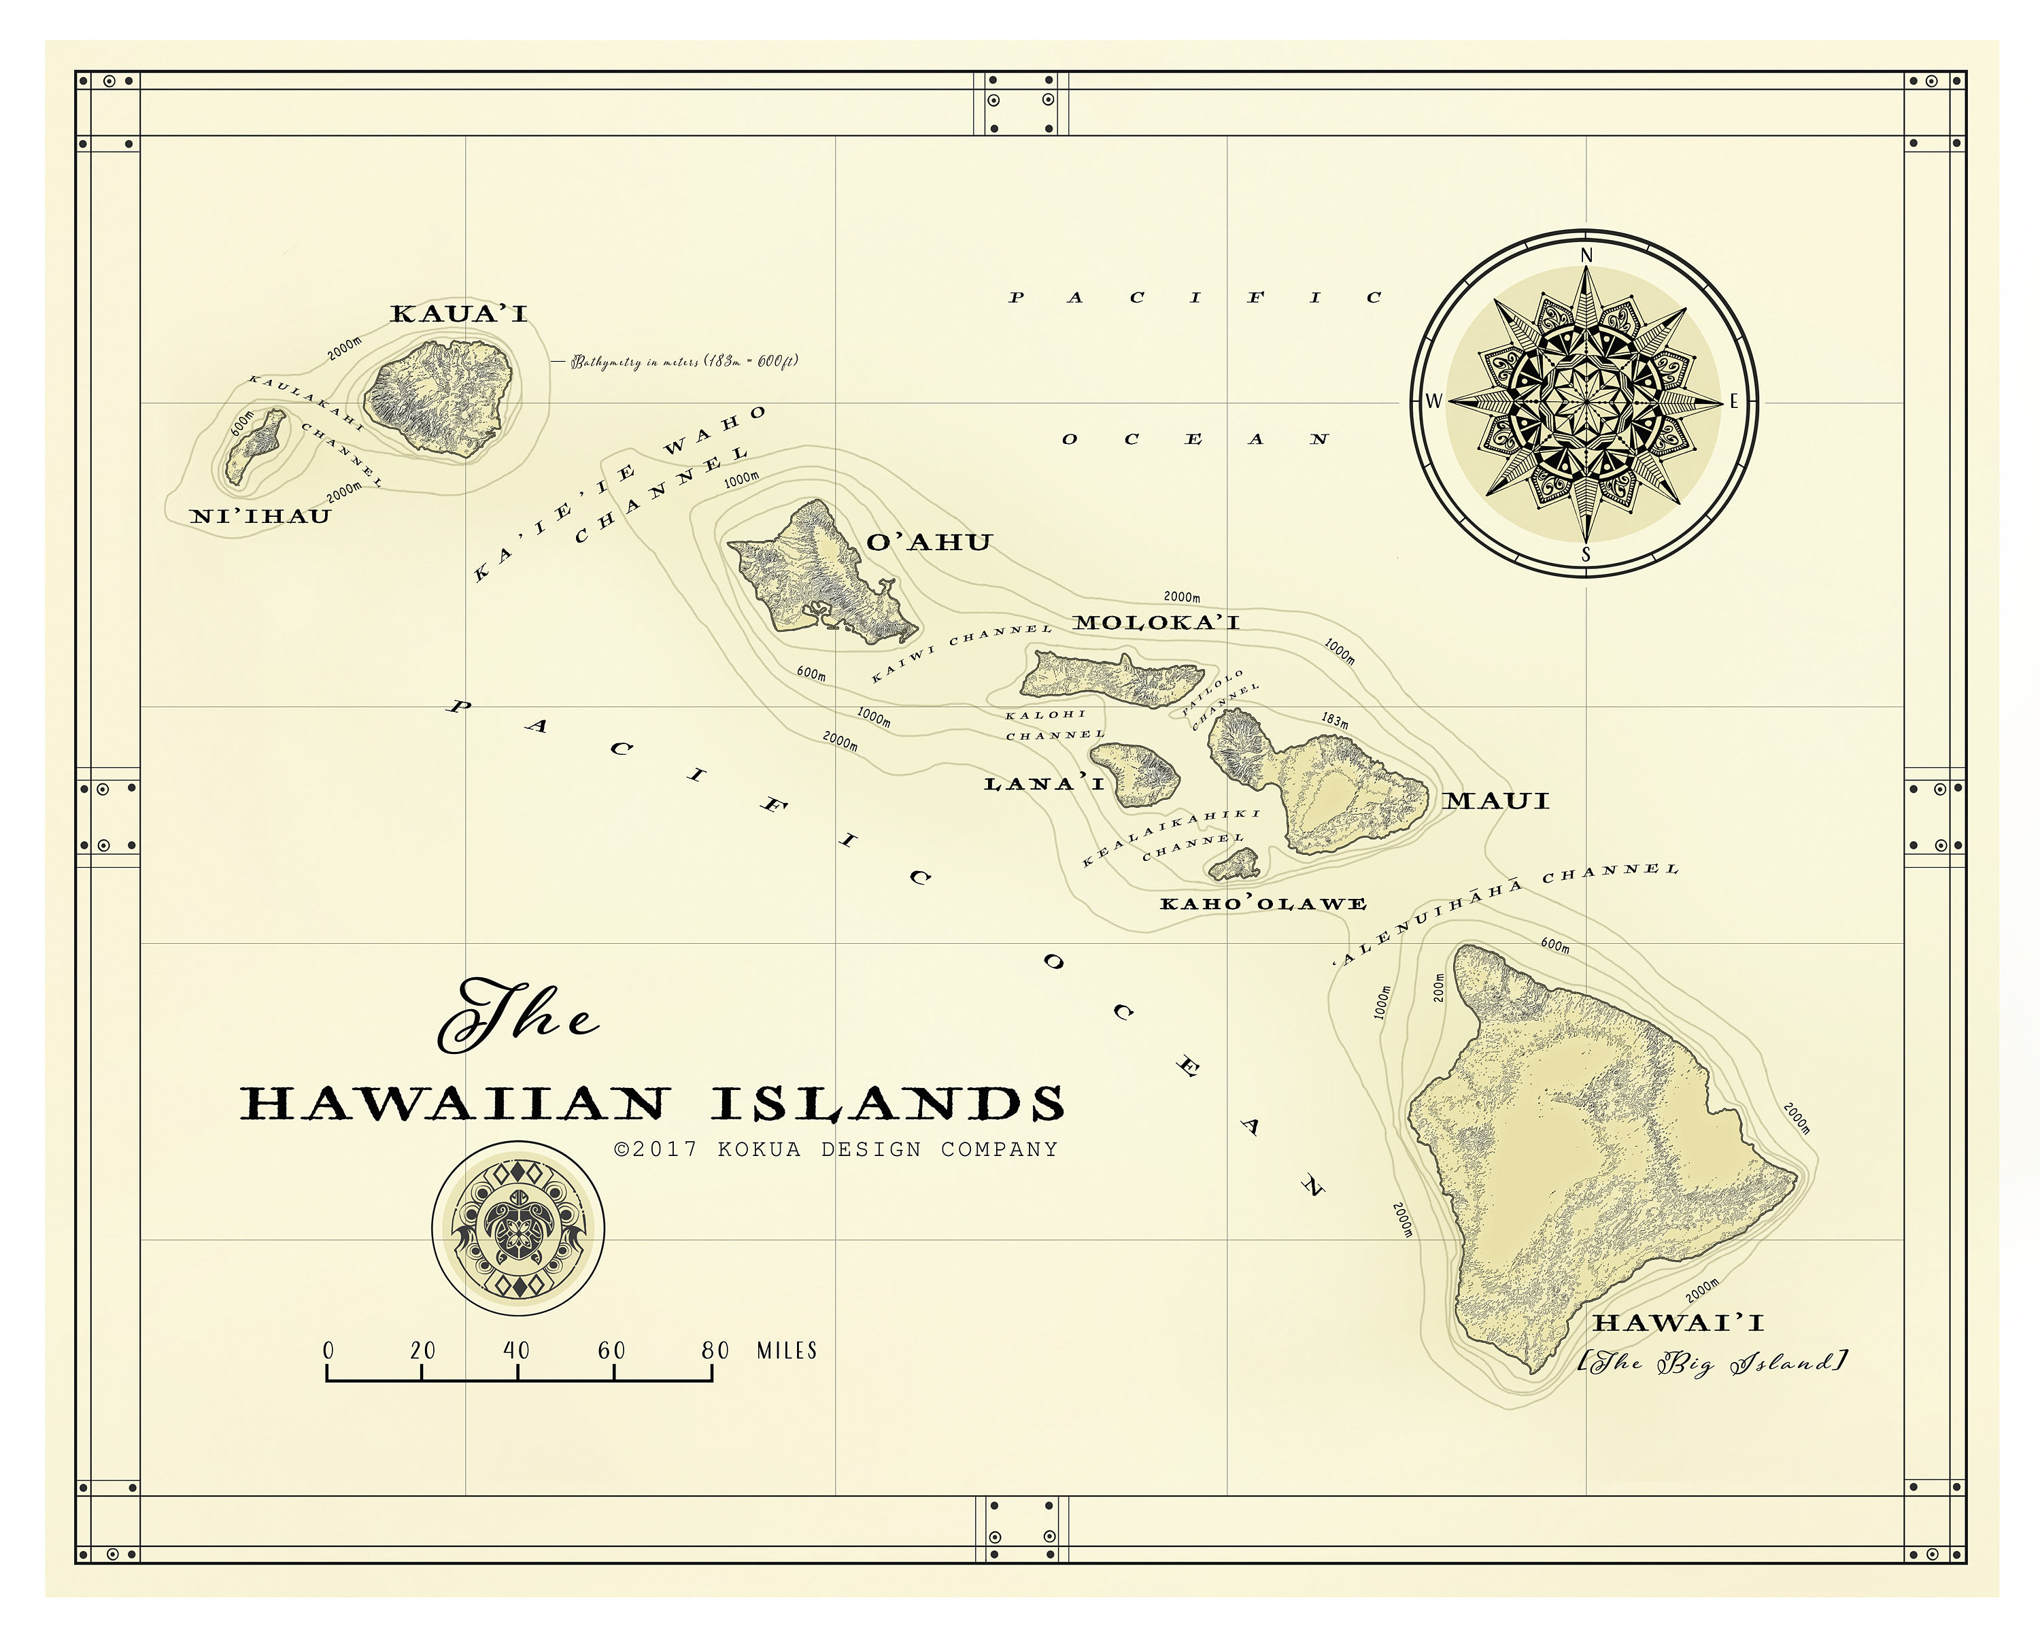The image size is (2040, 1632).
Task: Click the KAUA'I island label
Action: pos(459,313)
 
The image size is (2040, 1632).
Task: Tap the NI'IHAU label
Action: pos(260,517)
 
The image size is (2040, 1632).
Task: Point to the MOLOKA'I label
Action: pos(1155,622)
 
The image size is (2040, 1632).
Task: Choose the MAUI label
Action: pos(1496,801)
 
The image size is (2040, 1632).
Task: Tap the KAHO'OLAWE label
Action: pos(1263,904)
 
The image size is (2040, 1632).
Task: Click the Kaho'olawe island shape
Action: pos(1236,864)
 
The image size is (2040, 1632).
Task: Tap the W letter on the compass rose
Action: pos(1433,401)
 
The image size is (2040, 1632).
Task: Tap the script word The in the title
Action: pos(515,1017)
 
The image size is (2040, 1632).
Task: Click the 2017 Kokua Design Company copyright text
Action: pos(836,1149)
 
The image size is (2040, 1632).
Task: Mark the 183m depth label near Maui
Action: pos(1334,721)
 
